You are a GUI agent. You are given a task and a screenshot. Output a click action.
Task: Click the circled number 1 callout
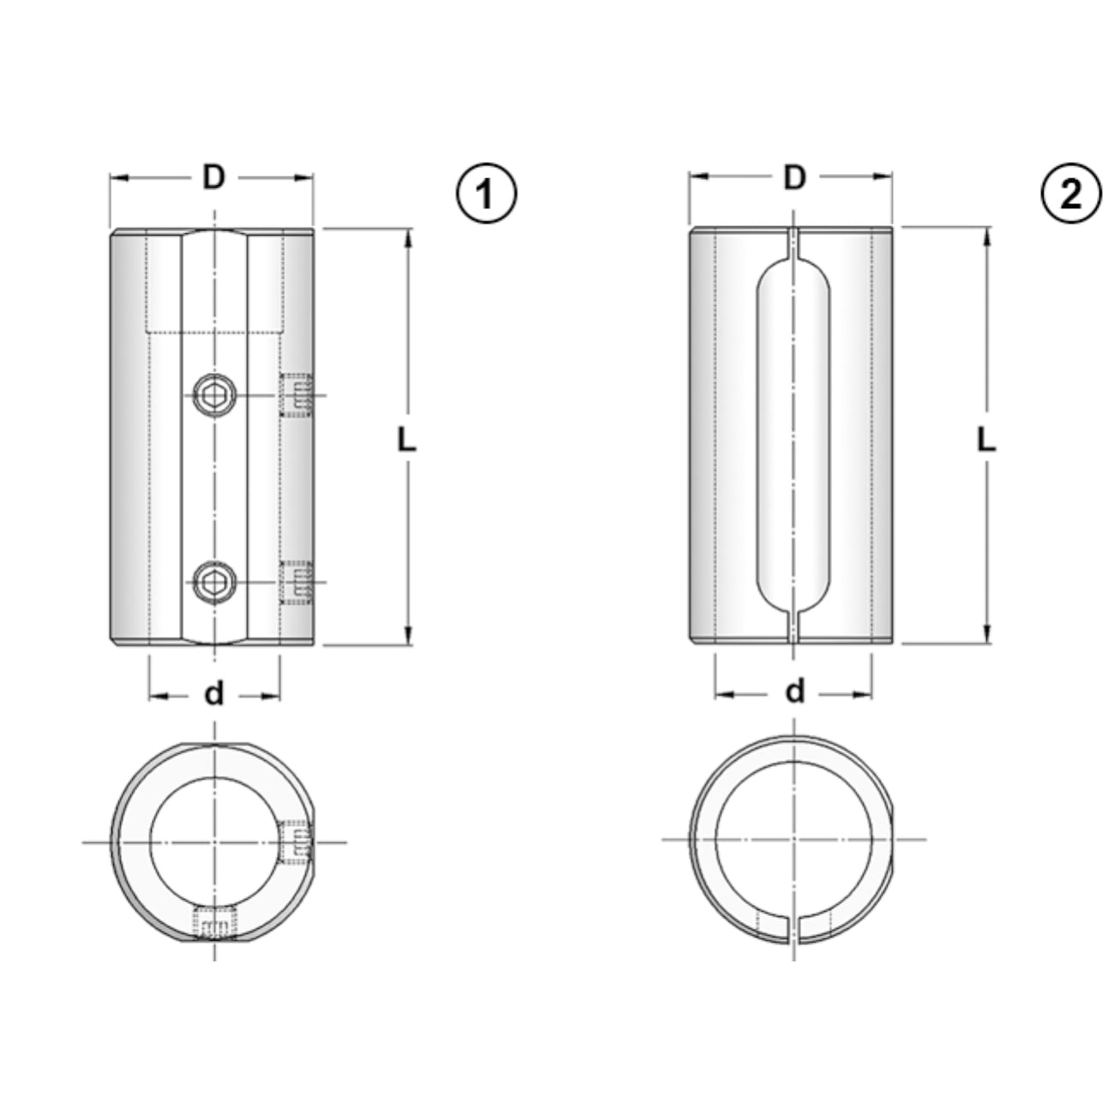coord(486,194)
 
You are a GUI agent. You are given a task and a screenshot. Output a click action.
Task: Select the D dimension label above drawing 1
coord(213,177)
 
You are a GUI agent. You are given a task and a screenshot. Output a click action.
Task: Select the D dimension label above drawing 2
coord(795,177)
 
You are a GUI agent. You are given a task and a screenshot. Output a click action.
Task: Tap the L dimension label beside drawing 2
coord(986,440)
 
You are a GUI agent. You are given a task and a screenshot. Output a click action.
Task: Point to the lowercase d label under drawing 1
coord(213,693)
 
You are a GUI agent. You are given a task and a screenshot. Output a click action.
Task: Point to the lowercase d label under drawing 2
coord(795,691)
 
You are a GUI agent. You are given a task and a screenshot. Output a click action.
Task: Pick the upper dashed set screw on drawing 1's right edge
coord(296,395)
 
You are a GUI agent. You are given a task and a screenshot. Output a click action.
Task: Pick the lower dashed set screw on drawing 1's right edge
coord(296,583)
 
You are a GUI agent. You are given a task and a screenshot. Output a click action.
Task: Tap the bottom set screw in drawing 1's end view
coord(214,924)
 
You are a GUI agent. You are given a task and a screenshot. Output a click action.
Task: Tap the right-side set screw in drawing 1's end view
coord(296,840)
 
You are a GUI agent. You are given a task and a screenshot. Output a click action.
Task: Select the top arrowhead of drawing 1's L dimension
coord(409,237)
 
